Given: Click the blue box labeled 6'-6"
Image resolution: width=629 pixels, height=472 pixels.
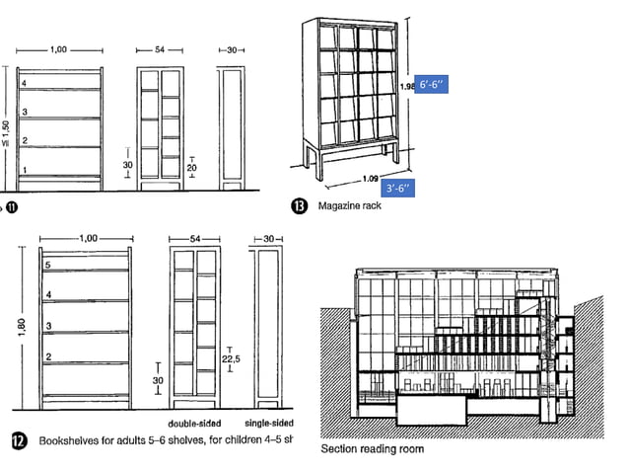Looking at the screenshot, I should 432,86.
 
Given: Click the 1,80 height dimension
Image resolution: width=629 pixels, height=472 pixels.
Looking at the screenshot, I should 21,327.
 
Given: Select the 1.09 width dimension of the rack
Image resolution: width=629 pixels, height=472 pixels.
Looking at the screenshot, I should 370,178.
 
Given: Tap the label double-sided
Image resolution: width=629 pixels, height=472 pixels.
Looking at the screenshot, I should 195,421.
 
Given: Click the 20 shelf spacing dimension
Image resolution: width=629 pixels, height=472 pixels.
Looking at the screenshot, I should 191,168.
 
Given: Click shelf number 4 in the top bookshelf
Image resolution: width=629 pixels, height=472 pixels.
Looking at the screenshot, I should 26,83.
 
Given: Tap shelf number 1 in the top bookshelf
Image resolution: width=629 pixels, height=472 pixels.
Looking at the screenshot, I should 26,171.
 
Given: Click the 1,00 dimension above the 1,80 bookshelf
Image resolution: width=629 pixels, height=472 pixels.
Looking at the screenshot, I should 88,237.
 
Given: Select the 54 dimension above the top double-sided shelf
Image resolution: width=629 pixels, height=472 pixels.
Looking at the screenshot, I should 161,48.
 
